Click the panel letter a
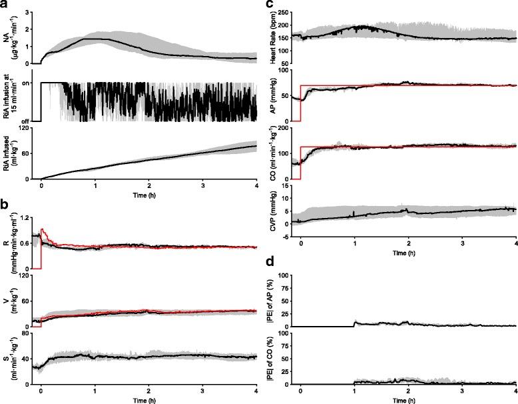tap(5, 5)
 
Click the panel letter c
tap(269, 5)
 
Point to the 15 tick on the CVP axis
tap(291, 187)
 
